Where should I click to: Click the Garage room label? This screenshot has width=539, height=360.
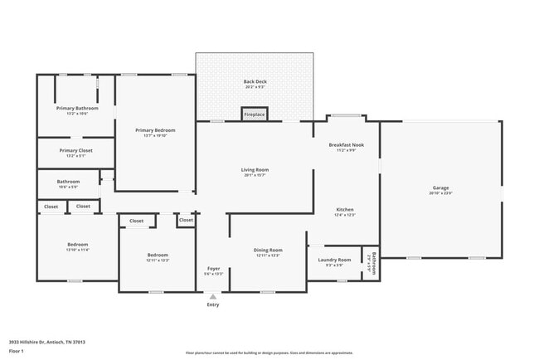441,187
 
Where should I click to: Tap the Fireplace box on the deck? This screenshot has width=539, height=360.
255,114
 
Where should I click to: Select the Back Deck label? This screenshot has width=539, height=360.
255,81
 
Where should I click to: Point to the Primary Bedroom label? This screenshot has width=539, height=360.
155,130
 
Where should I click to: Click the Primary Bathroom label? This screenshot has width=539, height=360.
77,109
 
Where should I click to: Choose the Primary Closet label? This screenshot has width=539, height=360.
76,150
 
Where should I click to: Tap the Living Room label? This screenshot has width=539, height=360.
255,170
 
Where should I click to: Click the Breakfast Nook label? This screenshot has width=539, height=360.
346,144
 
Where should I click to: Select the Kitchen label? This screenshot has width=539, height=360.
346,209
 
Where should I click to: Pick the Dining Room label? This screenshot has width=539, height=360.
268,250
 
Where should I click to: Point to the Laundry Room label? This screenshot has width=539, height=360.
335,260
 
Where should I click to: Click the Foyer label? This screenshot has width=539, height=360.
213,268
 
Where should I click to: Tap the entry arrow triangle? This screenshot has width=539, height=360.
213,295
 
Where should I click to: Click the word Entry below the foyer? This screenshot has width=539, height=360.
213,304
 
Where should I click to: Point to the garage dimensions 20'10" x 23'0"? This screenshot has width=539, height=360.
441,193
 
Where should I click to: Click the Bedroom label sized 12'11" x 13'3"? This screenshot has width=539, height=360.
158,255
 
